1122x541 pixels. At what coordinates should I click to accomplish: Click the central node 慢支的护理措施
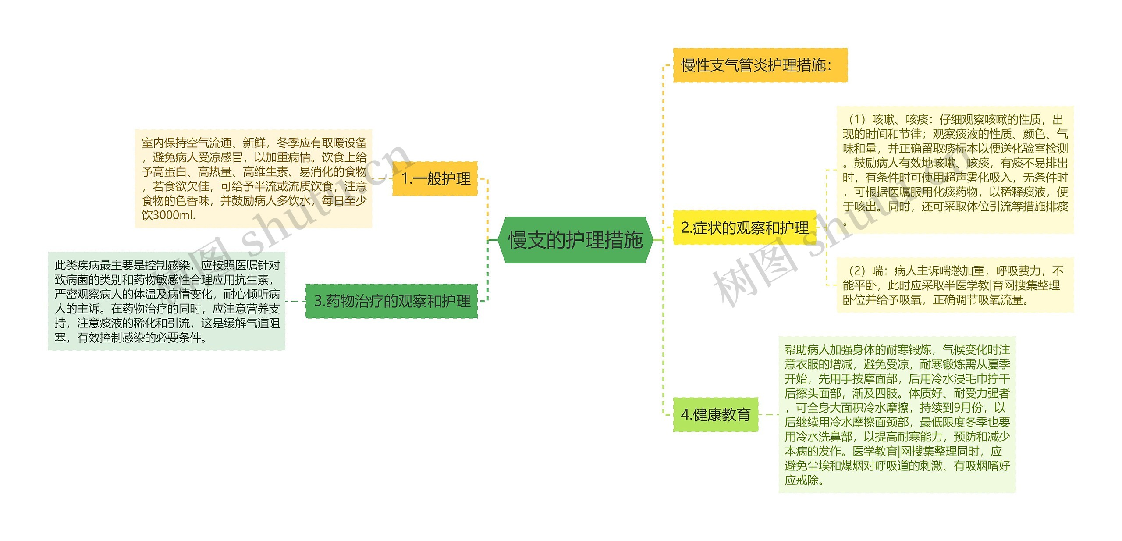coord(575,240)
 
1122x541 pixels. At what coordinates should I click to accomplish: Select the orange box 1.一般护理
coord(435,178)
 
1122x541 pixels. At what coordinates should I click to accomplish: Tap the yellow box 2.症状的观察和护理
coord(744,228)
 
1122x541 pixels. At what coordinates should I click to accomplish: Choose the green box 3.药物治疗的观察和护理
coord(392,301)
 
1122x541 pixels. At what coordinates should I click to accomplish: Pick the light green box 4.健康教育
coord(715,414)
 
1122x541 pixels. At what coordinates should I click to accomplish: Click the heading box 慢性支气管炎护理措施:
coord(760,65)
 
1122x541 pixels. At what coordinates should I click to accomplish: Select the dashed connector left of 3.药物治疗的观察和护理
coord(295,301)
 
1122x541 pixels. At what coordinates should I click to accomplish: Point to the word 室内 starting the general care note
coord(153,143)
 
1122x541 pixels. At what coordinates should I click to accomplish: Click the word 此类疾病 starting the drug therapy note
coord(77,265)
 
